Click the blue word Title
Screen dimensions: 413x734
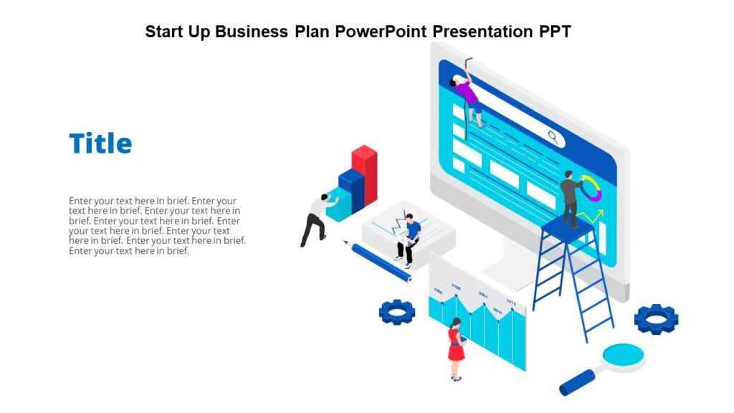(100, 143)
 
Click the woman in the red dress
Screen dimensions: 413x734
(455, 348)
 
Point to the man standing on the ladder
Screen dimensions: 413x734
(571, 198)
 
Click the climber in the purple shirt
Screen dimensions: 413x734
(468, 97)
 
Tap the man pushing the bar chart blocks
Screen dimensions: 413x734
(313, 219)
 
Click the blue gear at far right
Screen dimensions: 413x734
(656, 318)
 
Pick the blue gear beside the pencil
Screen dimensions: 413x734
(397, 311)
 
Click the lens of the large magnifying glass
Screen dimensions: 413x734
(622, 354)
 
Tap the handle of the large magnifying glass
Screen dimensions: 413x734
(577, 382)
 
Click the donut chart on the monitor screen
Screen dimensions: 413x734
(591, 188)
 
